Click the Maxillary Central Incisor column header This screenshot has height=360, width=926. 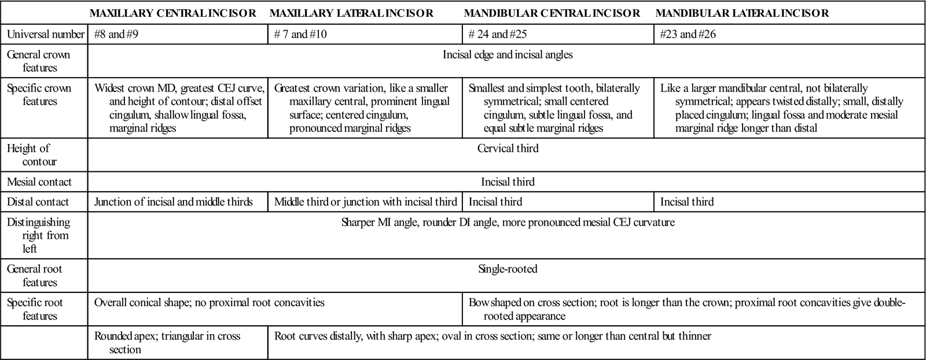[173, 13]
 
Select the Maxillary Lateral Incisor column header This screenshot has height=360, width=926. [351, 13]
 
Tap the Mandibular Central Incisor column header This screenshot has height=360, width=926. [552, 13]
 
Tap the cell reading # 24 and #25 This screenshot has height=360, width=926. [497, 34]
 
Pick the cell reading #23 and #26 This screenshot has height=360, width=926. [688, 34]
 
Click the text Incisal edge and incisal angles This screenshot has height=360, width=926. [508, 55]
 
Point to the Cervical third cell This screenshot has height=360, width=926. [508, 148]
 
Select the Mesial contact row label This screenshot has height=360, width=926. [39, 182]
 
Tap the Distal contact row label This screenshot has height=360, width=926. [38, 202]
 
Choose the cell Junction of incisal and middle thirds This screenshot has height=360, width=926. [173, 202]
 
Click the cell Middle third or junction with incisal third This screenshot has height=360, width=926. [365, 202]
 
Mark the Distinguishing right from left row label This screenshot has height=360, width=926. [38, 236]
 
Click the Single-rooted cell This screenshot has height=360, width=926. [508, 269]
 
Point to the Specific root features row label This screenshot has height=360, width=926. [35, 309]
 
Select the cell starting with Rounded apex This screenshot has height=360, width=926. [167, 343]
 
